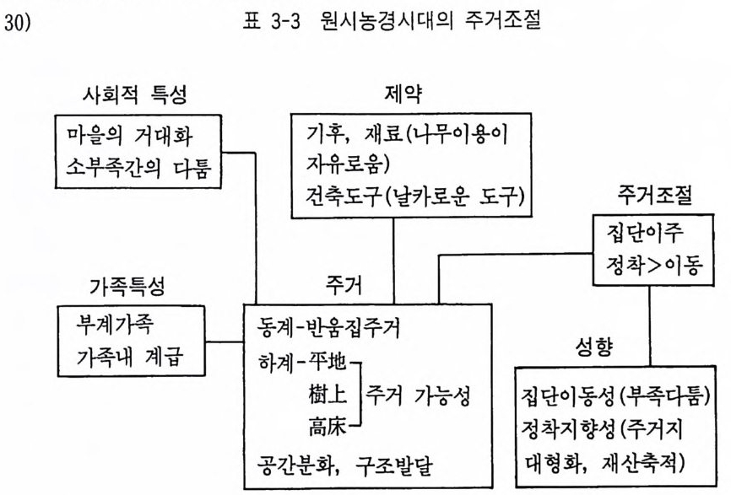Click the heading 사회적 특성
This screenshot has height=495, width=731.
pos(135,95)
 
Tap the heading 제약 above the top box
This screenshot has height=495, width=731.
pos(403,94)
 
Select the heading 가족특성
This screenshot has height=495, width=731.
pos(127,287)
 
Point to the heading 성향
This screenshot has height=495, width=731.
pos(594,347)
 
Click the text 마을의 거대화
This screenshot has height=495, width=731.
pos(130,136)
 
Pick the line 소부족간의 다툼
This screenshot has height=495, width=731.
pos(138,168)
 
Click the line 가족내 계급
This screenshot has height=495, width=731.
pos(130,357)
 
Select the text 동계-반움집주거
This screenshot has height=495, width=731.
pos(328,328)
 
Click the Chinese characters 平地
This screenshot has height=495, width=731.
pos(328,362)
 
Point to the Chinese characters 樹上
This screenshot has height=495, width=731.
pos(328,395)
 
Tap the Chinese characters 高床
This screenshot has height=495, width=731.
pos(328,426)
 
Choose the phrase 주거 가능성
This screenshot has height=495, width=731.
pos(417,395)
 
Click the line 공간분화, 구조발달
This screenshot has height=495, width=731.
pos(344,465)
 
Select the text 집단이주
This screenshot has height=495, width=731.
pos(645,233)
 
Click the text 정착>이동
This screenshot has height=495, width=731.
pos(653,265)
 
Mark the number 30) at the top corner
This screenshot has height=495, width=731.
pos(17,23)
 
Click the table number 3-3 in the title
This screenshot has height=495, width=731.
pos(285,22)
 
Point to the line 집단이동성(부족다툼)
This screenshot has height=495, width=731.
pos(615,396)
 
